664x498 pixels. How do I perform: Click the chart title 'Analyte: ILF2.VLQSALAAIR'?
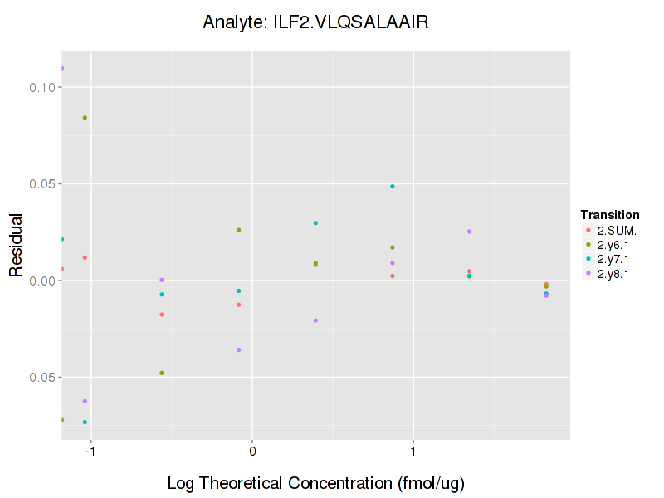[x=315, y=22]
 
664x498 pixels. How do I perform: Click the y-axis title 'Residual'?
[x=15, y=247]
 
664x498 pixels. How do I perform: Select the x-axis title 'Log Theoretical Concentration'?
[x=315, y=483]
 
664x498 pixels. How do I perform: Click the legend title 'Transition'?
[x=609, y=215]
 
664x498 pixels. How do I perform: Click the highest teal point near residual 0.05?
[x=393, y=187]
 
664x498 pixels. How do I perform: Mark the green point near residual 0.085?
[x=85, y=118]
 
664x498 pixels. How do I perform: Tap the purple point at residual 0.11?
[x=61, y=68]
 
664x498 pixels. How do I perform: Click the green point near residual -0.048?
[x=162, y=373]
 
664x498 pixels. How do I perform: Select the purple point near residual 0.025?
[x=469, y=232]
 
